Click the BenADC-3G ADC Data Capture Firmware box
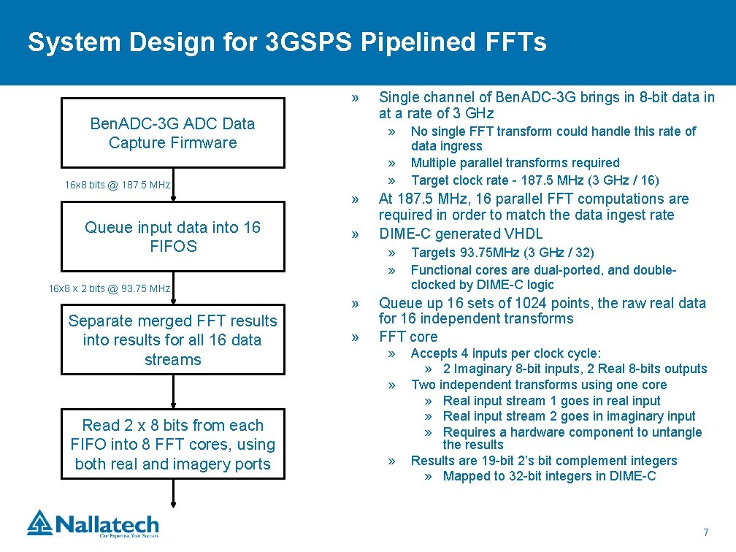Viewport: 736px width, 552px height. click(173, 133)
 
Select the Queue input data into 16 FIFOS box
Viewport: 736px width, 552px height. click(173, 237)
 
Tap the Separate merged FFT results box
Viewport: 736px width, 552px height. click(173, 340)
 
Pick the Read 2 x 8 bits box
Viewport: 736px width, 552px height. click(173, 444)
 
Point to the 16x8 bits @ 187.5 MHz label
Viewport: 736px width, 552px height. click(118, 185)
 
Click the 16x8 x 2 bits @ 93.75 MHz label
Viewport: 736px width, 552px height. click(110, 288)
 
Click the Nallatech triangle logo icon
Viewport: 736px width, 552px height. click(40, 523)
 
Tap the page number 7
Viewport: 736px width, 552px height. click(706, 532)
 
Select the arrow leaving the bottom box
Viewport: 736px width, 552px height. click(173, 494)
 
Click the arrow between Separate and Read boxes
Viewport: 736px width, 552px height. click(173, 391)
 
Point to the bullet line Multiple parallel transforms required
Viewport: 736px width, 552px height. click(515, 163)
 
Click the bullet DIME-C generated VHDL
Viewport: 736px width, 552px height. click(461, 234)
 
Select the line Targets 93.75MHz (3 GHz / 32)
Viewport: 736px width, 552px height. click(502, 253)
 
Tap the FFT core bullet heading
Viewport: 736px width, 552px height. click(408, 337)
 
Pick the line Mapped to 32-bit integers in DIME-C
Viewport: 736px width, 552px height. click(549, 476)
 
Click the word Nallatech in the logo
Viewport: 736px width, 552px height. click(107, 525)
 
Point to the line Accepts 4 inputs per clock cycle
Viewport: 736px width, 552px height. click(505, 353)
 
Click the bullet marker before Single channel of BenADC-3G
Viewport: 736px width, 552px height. click(355, 98)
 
